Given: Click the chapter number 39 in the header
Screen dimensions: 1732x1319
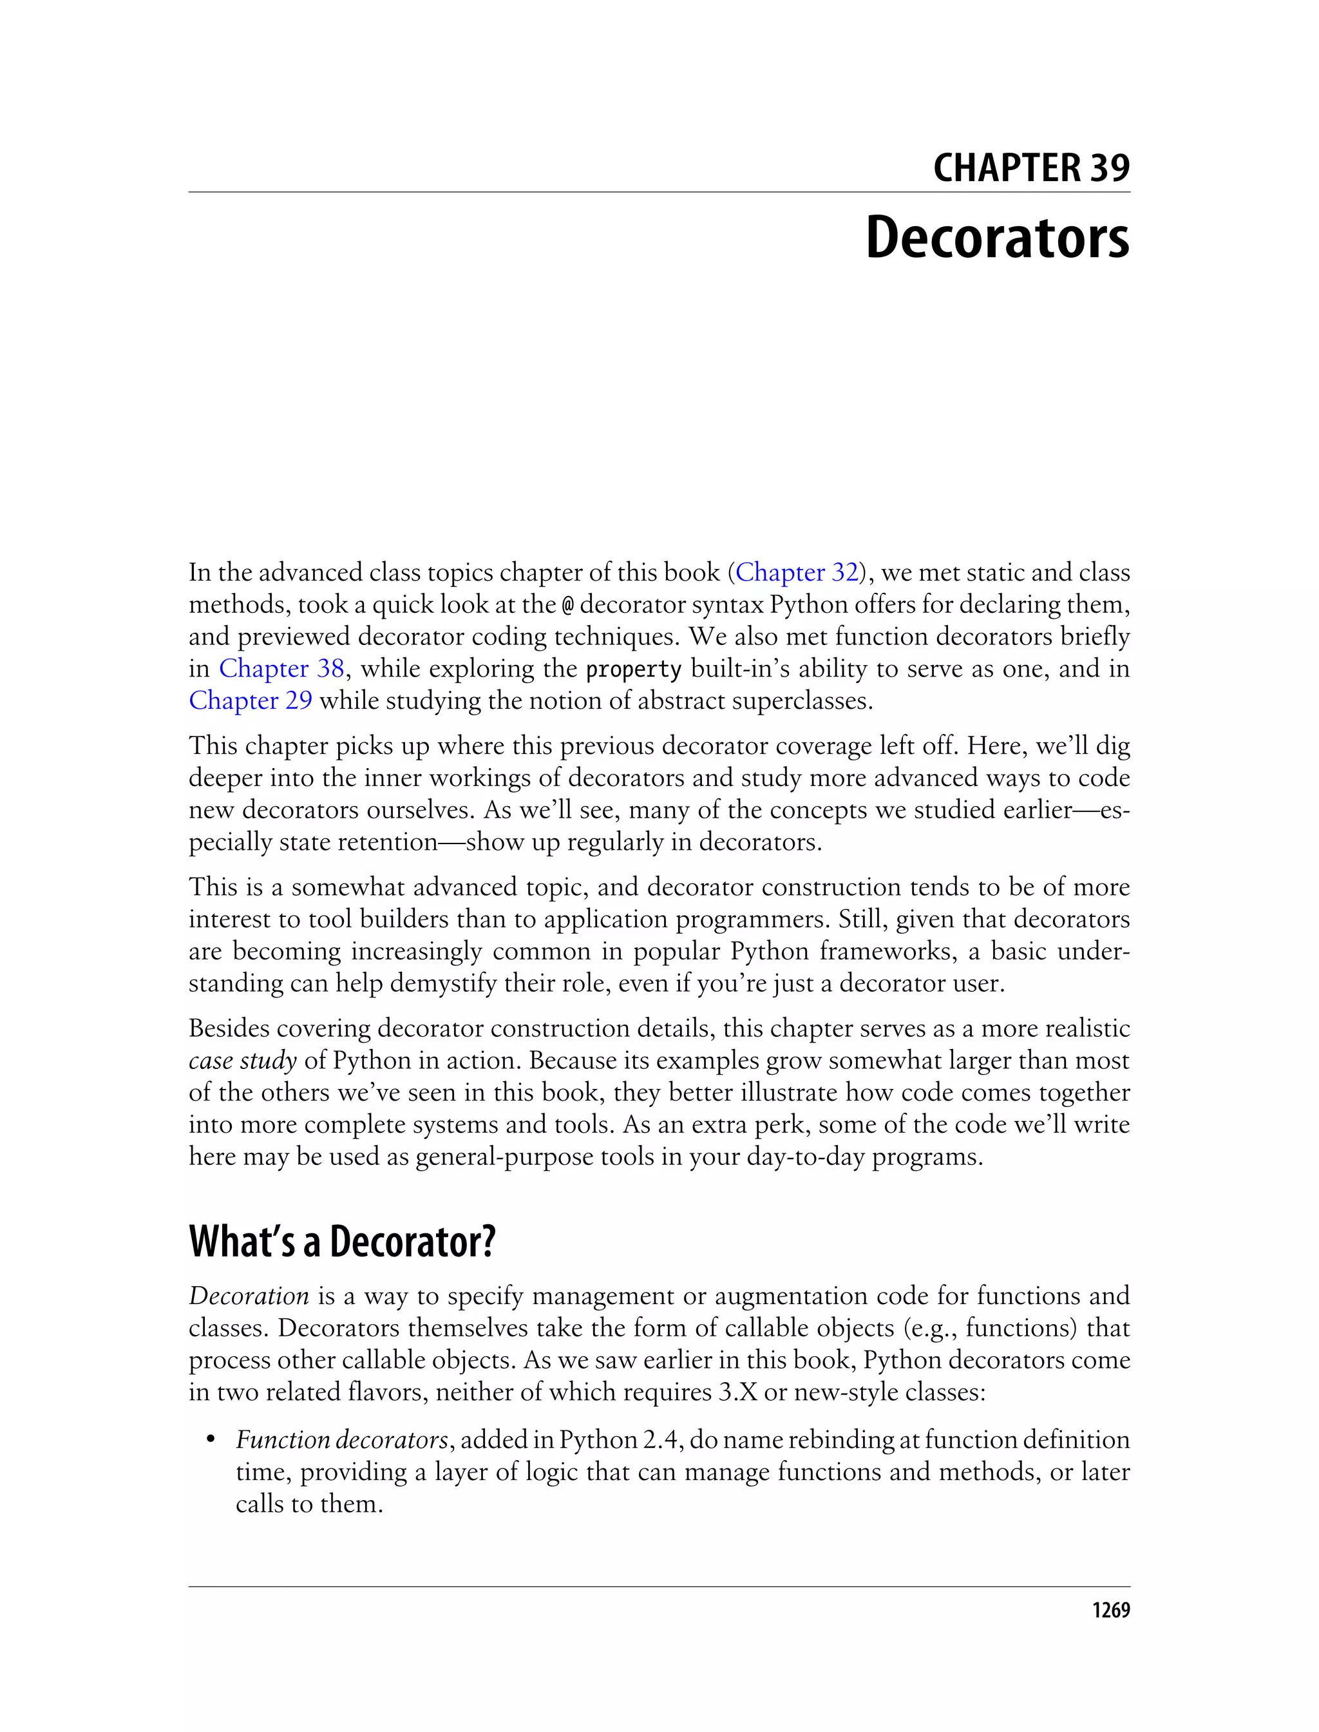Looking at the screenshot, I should pos(1108,168).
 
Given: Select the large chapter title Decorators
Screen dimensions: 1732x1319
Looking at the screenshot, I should pos(996,237).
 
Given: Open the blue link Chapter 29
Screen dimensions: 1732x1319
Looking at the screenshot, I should pos(251,700).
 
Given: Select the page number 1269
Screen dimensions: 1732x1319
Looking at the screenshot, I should pos(1110,1610).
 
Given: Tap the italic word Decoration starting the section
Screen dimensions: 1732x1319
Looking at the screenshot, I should pos(249,1296).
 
